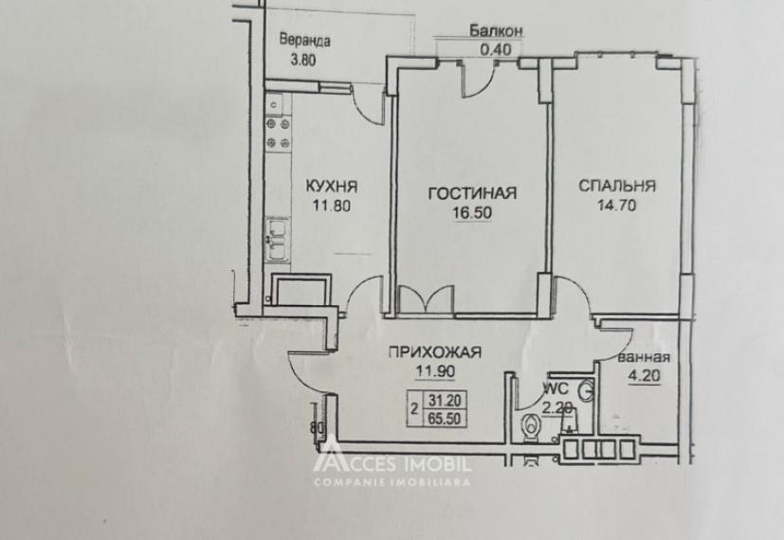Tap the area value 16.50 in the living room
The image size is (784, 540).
point(471,213)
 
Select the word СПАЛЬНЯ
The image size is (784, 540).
point(617,187)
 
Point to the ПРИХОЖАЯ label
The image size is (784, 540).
point(434,352)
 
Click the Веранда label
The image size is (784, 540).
point(304,41)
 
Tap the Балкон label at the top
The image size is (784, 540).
point(496,31)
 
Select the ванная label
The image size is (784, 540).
point(644,358)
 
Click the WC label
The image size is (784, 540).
point(555,388)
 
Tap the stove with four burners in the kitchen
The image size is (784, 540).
point(278,133)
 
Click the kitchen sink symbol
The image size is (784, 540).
point(277,239)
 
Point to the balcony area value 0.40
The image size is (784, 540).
point(496,49)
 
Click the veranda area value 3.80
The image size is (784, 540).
point(303,59)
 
